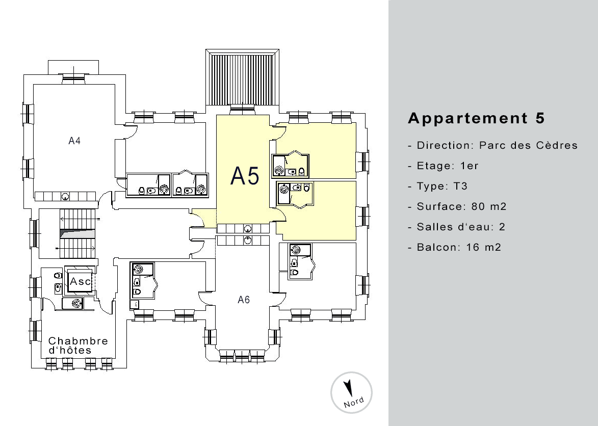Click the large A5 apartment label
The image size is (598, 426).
(245, 176)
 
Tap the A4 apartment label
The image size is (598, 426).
(74, 141)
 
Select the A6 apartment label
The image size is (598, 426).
(244, 300)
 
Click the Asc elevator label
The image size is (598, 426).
(81, 281)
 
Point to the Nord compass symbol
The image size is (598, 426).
(351, 393)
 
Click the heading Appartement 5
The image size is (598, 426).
(476, 118)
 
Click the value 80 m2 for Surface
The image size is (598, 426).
(489, 206)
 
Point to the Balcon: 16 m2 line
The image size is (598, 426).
(459, 247)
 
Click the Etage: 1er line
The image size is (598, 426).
(448, 166)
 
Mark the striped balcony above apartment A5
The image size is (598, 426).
(243, 79)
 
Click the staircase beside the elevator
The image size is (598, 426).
(78, 233)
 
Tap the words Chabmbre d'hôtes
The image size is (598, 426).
(78, 345)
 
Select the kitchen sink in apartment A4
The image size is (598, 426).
(66, 197)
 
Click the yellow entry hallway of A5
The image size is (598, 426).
(204, 218)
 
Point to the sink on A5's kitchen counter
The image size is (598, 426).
(248, 229)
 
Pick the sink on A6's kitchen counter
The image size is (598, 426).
(248, 240)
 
